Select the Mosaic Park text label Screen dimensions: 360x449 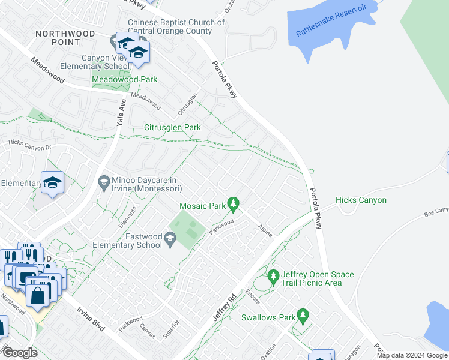pos(202,206)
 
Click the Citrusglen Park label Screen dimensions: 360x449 pos(172,127)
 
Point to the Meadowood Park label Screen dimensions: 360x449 pos(124,79)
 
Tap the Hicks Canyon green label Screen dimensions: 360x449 pos(361,200)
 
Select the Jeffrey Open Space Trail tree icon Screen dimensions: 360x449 pos(273,277)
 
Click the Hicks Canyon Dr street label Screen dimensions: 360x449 pos(30,145)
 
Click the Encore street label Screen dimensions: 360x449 pos(252,298)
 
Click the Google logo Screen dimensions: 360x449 pos(19,353)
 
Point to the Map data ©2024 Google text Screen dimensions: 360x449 pos(411,355)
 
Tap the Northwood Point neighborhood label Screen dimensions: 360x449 pos(65,38)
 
